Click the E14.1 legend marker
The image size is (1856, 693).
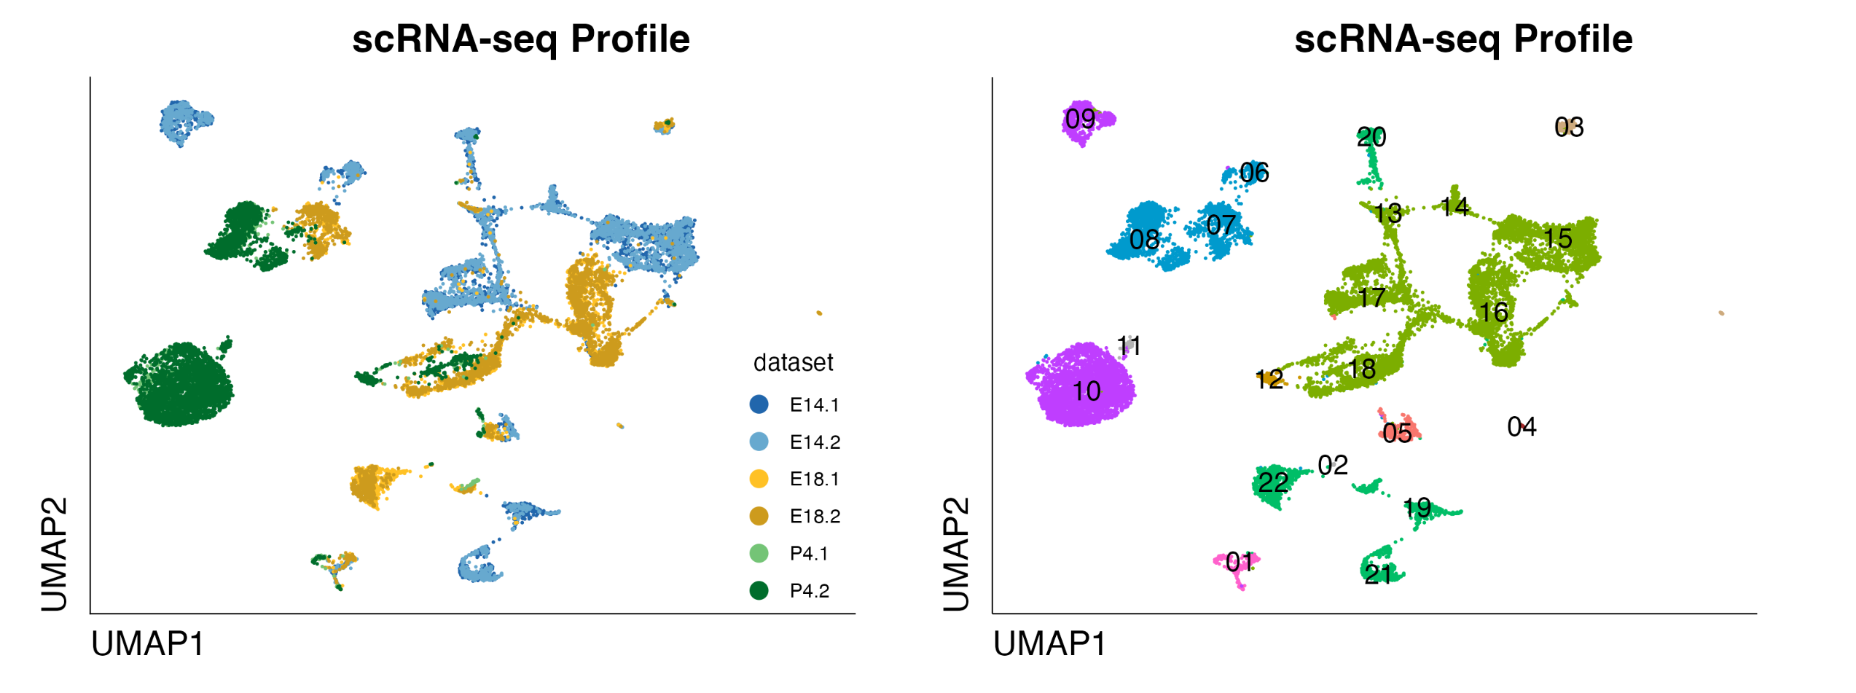click(x=759, y=404)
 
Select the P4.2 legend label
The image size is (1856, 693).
click(x=809, y=591)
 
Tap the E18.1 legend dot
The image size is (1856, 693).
click(x=759, y=479)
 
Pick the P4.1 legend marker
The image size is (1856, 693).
click(x=759, y=553)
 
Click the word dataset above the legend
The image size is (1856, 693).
click(x=793, y=362)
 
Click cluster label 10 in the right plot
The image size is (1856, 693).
click(x=1086, y=391)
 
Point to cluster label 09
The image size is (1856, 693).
click(x=1079, y=118)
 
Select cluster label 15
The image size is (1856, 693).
click(x=1557, y=238)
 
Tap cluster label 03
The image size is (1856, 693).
click(x=1568, y=128)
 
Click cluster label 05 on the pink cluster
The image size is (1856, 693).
click(x=1397, y=434)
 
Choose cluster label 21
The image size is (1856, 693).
click(x=1377, y=575)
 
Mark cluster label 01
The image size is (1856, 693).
click(x=1239, y=562)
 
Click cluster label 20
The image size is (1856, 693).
click(x=1371, y=137)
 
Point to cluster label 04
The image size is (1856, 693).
click(x=1521, y=426)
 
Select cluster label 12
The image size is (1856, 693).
click(x=1269, y=380)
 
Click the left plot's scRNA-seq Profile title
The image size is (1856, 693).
click(x=520, y=39)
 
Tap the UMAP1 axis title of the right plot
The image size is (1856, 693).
click(x=1049, y=644)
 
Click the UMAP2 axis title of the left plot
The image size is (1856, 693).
click(x=55, y=554)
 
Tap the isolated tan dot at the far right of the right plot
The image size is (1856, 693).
click(x=1721, y=313)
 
